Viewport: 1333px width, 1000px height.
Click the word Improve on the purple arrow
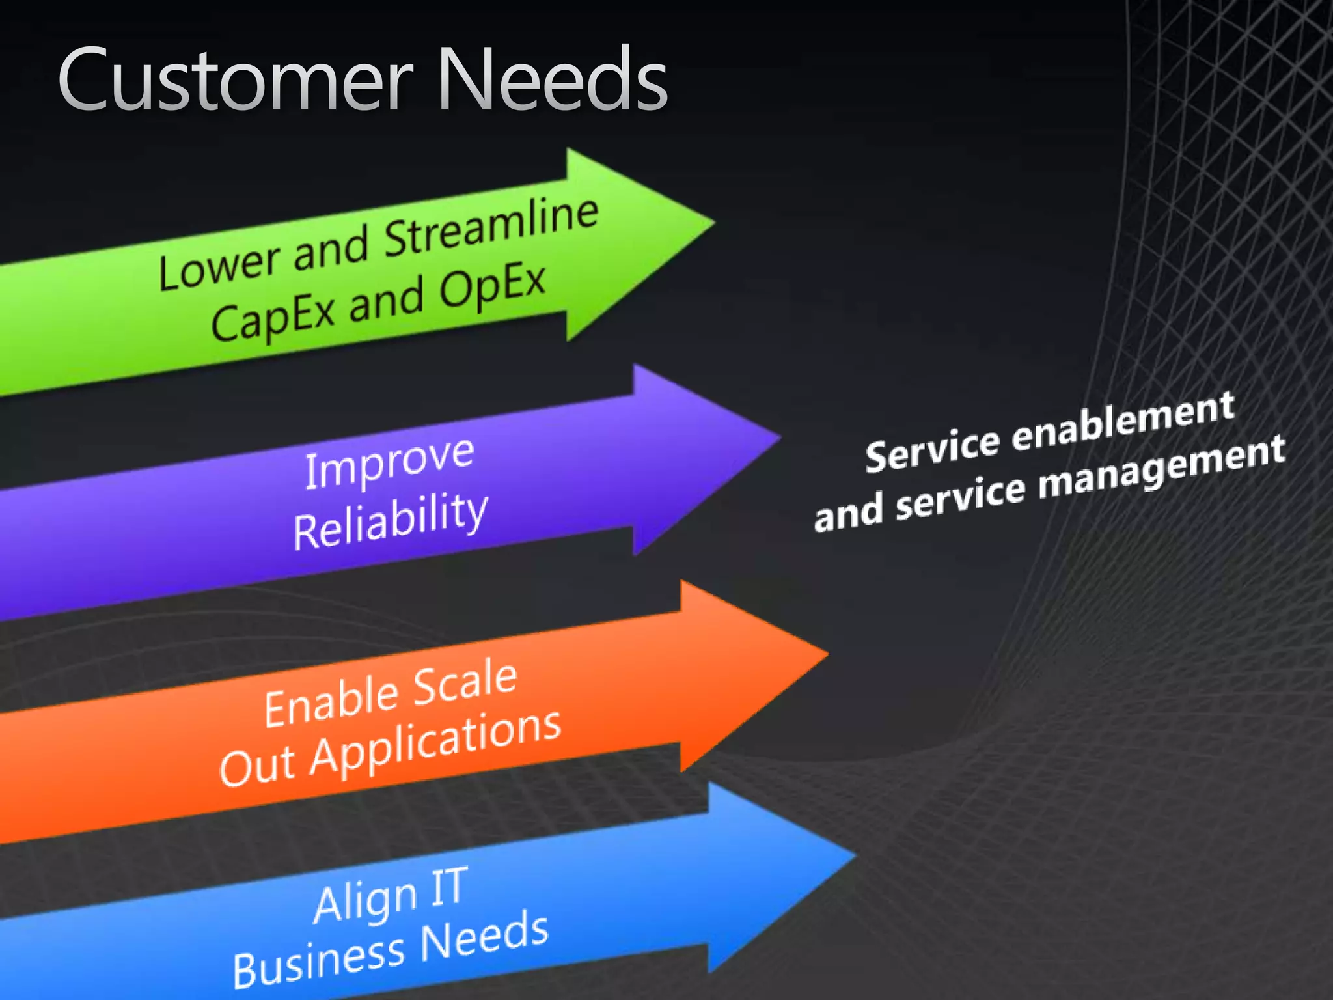pyautogui.click(x=389, y=462)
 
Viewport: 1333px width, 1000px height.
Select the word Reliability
pyautogui.click(x=390, y=521)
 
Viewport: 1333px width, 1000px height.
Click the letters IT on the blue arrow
pyautogui.click(x=448, y=885)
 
